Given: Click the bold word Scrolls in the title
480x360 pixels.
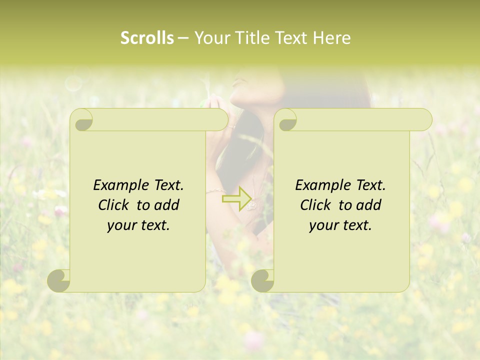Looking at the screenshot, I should (x=147, y=38).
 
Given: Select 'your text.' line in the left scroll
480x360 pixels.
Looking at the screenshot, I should (x=138, y=225).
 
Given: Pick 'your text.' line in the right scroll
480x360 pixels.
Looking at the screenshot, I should (x=340, y=225).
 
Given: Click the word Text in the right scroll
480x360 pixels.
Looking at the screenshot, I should (x=370, y=185).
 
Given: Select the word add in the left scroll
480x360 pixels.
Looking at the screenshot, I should (x=167, y=205).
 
